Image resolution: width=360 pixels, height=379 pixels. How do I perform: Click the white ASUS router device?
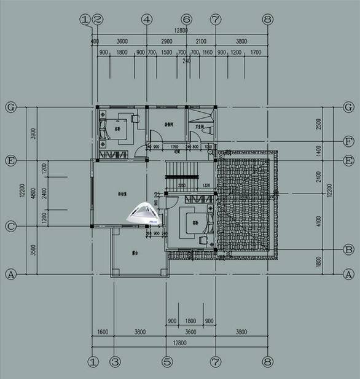click(x=143, y=213)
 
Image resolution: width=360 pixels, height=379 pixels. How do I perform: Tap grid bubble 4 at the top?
click(x=146, y=19)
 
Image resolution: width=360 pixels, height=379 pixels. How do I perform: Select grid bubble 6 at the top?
click(x=187, y=19)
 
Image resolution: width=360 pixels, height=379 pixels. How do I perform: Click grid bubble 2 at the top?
click(x=97, y=19)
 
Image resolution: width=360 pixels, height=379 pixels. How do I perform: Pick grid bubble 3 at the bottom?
click(x=114, y=362)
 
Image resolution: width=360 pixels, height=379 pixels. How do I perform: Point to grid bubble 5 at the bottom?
click(x=167, y=362)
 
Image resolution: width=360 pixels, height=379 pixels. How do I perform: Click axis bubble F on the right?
click(x=348, y=141)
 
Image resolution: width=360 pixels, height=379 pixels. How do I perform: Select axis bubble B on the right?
click(x=348, y=249)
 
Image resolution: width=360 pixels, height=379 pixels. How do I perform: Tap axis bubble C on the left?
click(x=10, y=226)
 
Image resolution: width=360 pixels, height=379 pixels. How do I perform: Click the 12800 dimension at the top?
click(x=180, y=30)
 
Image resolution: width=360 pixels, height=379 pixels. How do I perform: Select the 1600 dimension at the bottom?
click(x=103, y=332)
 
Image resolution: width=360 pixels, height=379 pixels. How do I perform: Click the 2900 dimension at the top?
click(x=166, y=41)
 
